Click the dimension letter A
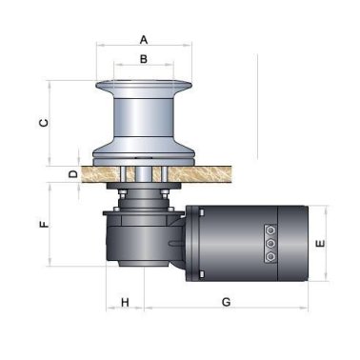tap(144, 40)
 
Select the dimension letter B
tap(144, 59)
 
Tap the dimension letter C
tap(44, 123)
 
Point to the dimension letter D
tap(73, 174)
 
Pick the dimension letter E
tap(321, 244)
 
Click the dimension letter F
tap(44, 224)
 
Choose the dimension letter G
tap(226, 302)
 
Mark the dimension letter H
tap(125, 302)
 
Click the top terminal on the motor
tap(270, 230)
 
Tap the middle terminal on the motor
tap(270, 244)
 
